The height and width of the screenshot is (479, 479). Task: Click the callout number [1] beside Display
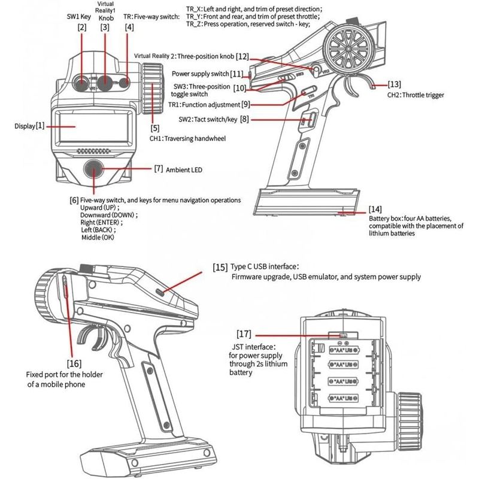click(40, 126)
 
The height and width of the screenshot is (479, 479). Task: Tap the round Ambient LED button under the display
click(95, 169)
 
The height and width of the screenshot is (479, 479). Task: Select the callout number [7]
click(159, 169)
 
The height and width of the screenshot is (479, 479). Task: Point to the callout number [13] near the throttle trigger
click(395, 84)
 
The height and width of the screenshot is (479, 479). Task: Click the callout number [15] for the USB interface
click(220, 266)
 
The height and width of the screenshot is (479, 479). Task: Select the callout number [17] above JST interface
click(244, 333)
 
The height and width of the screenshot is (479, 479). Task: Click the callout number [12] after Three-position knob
click(242, 56)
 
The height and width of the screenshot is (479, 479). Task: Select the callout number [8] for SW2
click(244, 120)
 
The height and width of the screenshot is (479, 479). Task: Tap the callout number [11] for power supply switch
click(237, 74)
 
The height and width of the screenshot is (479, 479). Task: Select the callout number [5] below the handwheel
click(155, 128)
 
